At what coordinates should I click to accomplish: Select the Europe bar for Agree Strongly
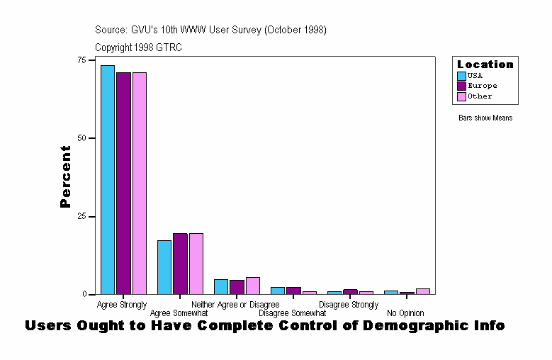point(123,183)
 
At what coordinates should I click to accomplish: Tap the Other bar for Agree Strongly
point(140,183)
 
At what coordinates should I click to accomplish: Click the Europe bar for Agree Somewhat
point(180,264)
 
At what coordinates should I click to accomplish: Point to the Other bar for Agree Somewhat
point(196,264)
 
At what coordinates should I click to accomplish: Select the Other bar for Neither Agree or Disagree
point(253,286)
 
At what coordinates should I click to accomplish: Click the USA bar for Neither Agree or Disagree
point(221,286)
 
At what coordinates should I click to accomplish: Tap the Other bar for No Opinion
point(423,291)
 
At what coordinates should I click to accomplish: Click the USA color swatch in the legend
point(462,76)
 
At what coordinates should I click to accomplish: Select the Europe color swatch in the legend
point(462,86)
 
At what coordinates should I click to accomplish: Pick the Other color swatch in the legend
point(462,96)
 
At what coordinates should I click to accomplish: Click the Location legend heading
point(485,64)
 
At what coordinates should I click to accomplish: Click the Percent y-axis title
point(65,176)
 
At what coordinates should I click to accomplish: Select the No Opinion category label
point(405,313)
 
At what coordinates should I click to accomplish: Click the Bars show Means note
point(485,118)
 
